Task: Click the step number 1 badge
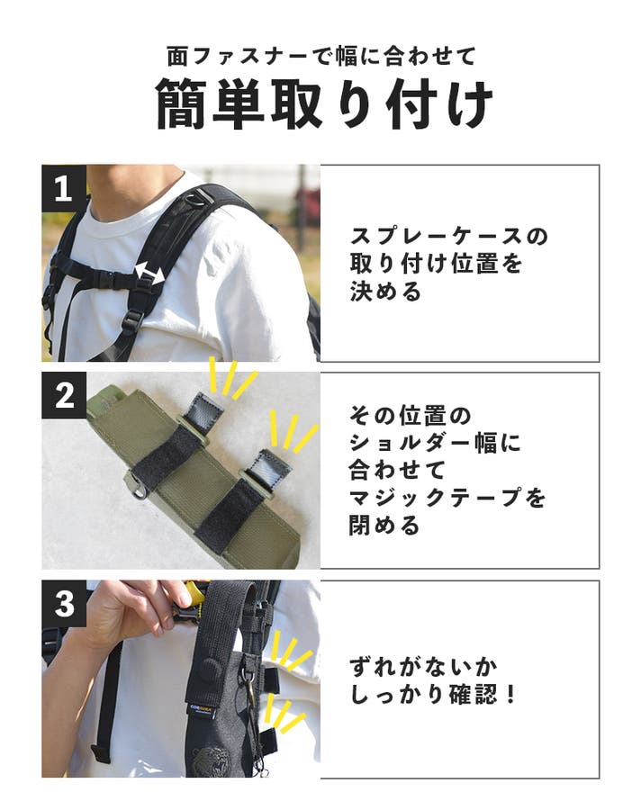64,187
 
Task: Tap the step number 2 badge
64,395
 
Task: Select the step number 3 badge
64,603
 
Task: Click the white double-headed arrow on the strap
149,275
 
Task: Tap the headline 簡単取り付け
324,104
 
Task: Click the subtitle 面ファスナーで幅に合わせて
321,56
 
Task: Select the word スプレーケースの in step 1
449,237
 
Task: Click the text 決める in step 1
385,292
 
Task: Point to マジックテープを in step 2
447,498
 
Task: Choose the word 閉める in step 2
384,526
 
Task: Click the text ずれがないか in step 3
423,667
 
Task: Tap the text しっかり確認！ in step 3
433,695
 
